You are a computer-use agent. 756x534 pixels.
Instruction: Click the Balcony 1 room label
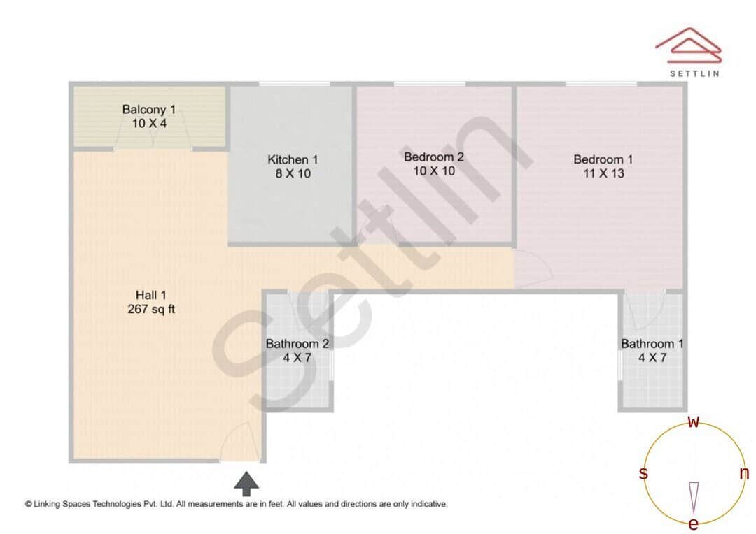149,109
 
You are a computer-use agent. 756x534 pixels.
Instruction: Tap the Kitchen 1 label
293,159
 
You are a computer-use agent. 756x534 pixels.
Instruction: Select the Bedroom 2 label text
434,157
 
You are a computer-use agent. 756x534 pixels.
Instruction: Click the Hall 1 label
150,295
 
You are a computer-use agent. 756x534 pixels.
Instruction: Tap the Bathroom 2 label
297,344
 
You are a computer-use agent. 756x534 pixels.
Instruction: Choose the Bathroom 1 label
652,344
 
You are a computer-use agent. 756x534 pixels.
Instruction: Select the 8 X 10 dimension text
293,173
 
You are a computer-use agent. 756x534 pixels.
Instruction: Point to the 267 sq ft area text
150,309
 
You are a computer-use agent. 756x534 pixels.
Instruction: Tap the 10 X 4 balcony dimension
149,123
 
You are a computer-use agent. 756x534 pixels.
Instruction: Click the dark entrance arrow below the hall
246,483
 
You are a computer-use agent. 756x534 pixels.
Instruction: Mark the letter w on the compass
694,421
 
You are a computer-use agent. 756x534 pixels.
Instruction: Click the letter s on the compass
643,474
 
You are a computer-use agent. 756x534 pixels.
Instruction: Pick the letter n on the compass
744,474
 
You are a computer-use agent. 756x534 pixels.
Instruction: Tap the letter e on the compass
694,524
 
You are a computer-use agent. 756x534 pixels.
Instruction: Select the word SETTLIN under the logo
694,73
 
